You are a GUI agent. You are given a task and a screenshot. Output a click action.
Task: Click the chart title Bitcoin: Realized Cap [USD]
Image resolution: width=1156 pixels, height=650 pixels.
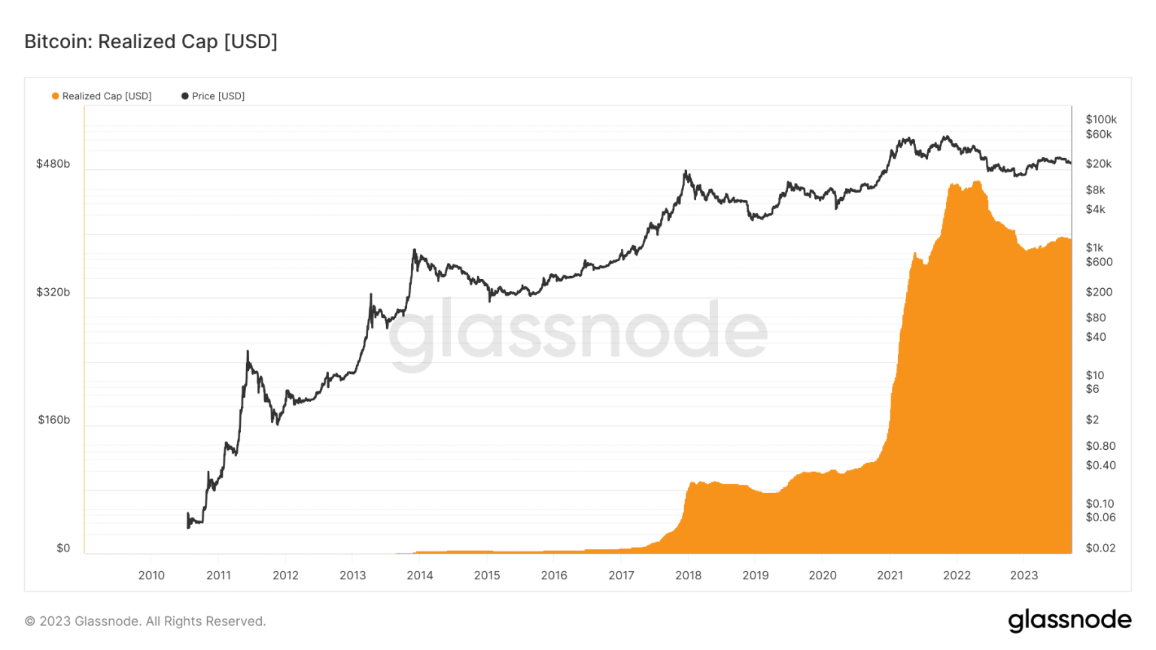point(151,41)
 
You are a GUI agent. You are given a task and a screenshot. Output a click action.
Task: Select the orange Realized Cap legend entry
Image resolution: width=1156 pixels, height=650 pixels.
point(102,96)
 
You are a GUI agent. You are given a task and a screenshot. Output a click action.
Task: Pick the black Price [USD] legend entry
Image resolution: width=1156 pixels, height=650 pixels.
point(213,96)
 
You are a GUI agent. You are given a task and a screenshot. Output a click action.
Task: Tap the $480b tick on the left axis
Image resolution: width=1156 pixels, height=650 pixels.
point(53,164)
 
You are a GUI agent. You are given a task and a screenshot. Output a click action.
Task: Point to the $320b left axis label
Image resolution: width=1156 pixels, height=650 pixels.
point(53,292)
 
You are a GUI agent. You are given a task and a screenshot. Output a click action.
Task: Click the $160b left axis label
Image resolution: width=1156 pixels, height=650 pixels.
point(53,420)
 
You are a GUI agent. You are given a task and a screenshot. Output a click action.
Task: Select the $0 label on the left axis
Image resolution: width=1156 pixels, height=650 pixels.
point(63,548)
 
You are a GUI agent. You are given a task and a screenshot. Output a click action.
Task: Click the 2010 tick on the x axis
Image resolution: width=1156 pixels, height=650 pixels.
point(151,576)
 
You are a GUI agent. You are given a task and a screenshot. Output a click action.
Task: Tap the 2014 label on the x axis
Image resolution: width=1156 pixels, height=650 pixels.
point(420,576)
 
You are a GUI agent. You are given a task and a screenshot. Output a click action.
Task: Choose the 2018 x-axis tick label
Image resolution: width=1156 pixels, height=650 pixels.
point(688,576)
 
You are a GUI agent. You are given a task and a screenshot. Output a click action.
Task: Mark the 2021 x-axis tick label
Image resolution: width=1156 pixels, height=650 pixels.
point(890,576)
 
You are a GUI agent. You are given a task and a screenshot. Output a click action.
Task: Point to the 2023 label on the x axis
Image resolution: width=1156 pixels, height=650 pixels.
point(1024,576)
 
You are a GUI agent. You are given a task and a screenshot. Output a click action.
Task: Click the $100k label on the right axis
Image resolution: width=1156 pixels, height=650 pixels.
point(1101,120)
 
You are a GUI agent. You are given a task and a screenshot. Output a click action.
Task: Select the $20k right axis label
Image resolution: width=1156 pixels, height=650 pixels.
point(1098,164)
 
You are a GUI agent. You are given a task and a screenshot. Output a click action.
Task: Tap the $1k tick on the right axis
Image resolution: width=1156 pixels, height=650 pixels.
point(1094,248)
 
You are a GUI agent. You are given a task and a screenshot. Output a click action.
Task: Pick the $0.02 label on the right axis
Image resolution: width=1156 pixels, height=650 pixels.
point(1100,548)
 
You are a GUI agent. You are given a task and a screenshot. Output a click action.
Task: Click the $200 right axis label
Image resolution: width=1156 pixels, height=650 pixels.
point(1098,292)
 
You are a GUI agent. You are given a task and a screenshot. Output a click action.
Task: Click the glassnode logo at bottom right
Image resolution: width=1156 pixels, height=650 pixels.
point(1069,621)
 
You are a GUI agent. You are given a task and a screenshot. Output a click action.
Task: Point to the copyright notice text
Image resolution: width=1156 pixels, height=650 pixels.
point(145,621)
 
